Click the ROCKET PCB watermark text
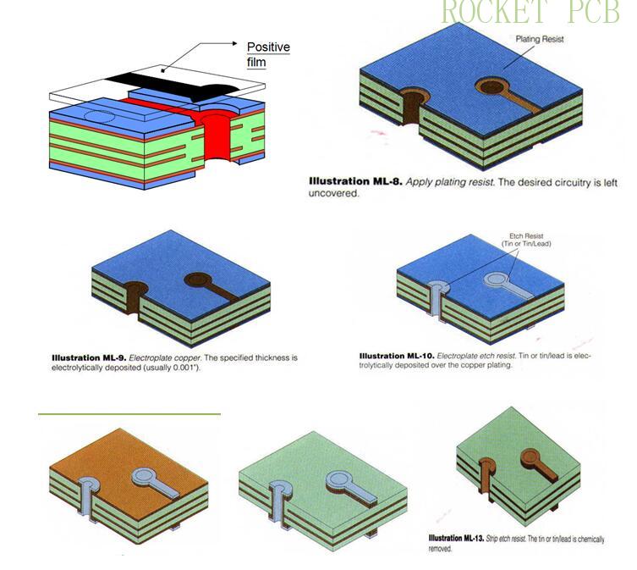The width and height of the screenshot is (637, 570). [530, 13]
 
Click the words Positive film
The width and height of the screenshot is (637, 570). [267, 54]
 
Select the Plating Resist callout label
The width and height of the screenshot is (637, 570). [540, 39]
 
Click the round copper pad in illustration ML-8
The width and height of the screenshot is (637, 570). [490, 86]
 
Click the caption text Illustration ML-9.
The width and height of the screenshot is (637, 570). [88, 357]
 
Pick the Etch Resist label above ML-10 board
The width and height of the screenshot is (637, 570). [524, 240]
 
